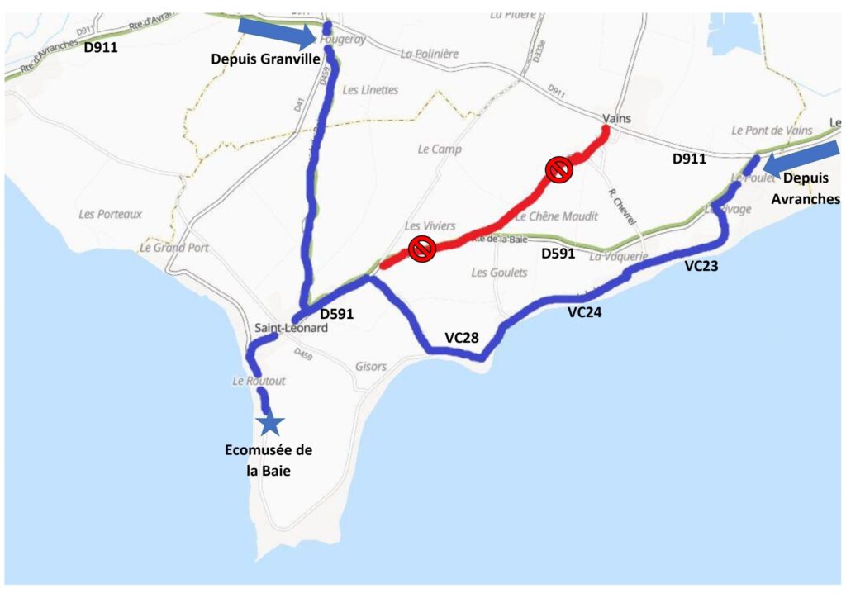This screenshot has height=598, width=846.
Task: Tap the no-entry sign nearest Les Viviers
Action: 422,248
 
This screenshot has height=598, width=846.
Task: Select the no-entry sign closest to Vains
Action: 559,170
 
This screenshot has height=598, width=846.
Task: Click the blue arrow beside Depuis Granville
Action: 276,33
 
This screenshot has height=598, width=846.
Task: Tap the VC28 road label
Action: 463,337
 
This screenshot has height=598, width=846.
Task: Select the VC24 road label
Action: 586,312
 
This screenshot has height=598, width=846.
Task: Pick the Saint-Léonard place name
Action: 291,328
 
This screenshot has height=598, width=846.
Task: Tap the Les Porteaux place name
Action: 110,214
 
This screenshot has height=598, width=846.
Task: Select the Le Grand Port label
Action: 173,247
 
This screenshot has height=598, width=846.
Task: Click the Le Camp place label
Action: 440,149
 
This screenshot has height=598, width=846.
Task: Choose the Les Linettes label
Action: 369,90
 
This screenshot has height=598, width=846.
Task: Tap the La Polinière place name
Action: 429,54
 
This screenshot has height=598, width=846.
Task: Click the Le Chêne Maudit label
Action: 556,216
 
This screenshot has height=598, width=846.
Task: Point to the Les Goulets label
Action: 499,273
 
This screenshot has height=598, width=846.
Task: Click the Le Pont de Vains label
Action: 772,131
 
